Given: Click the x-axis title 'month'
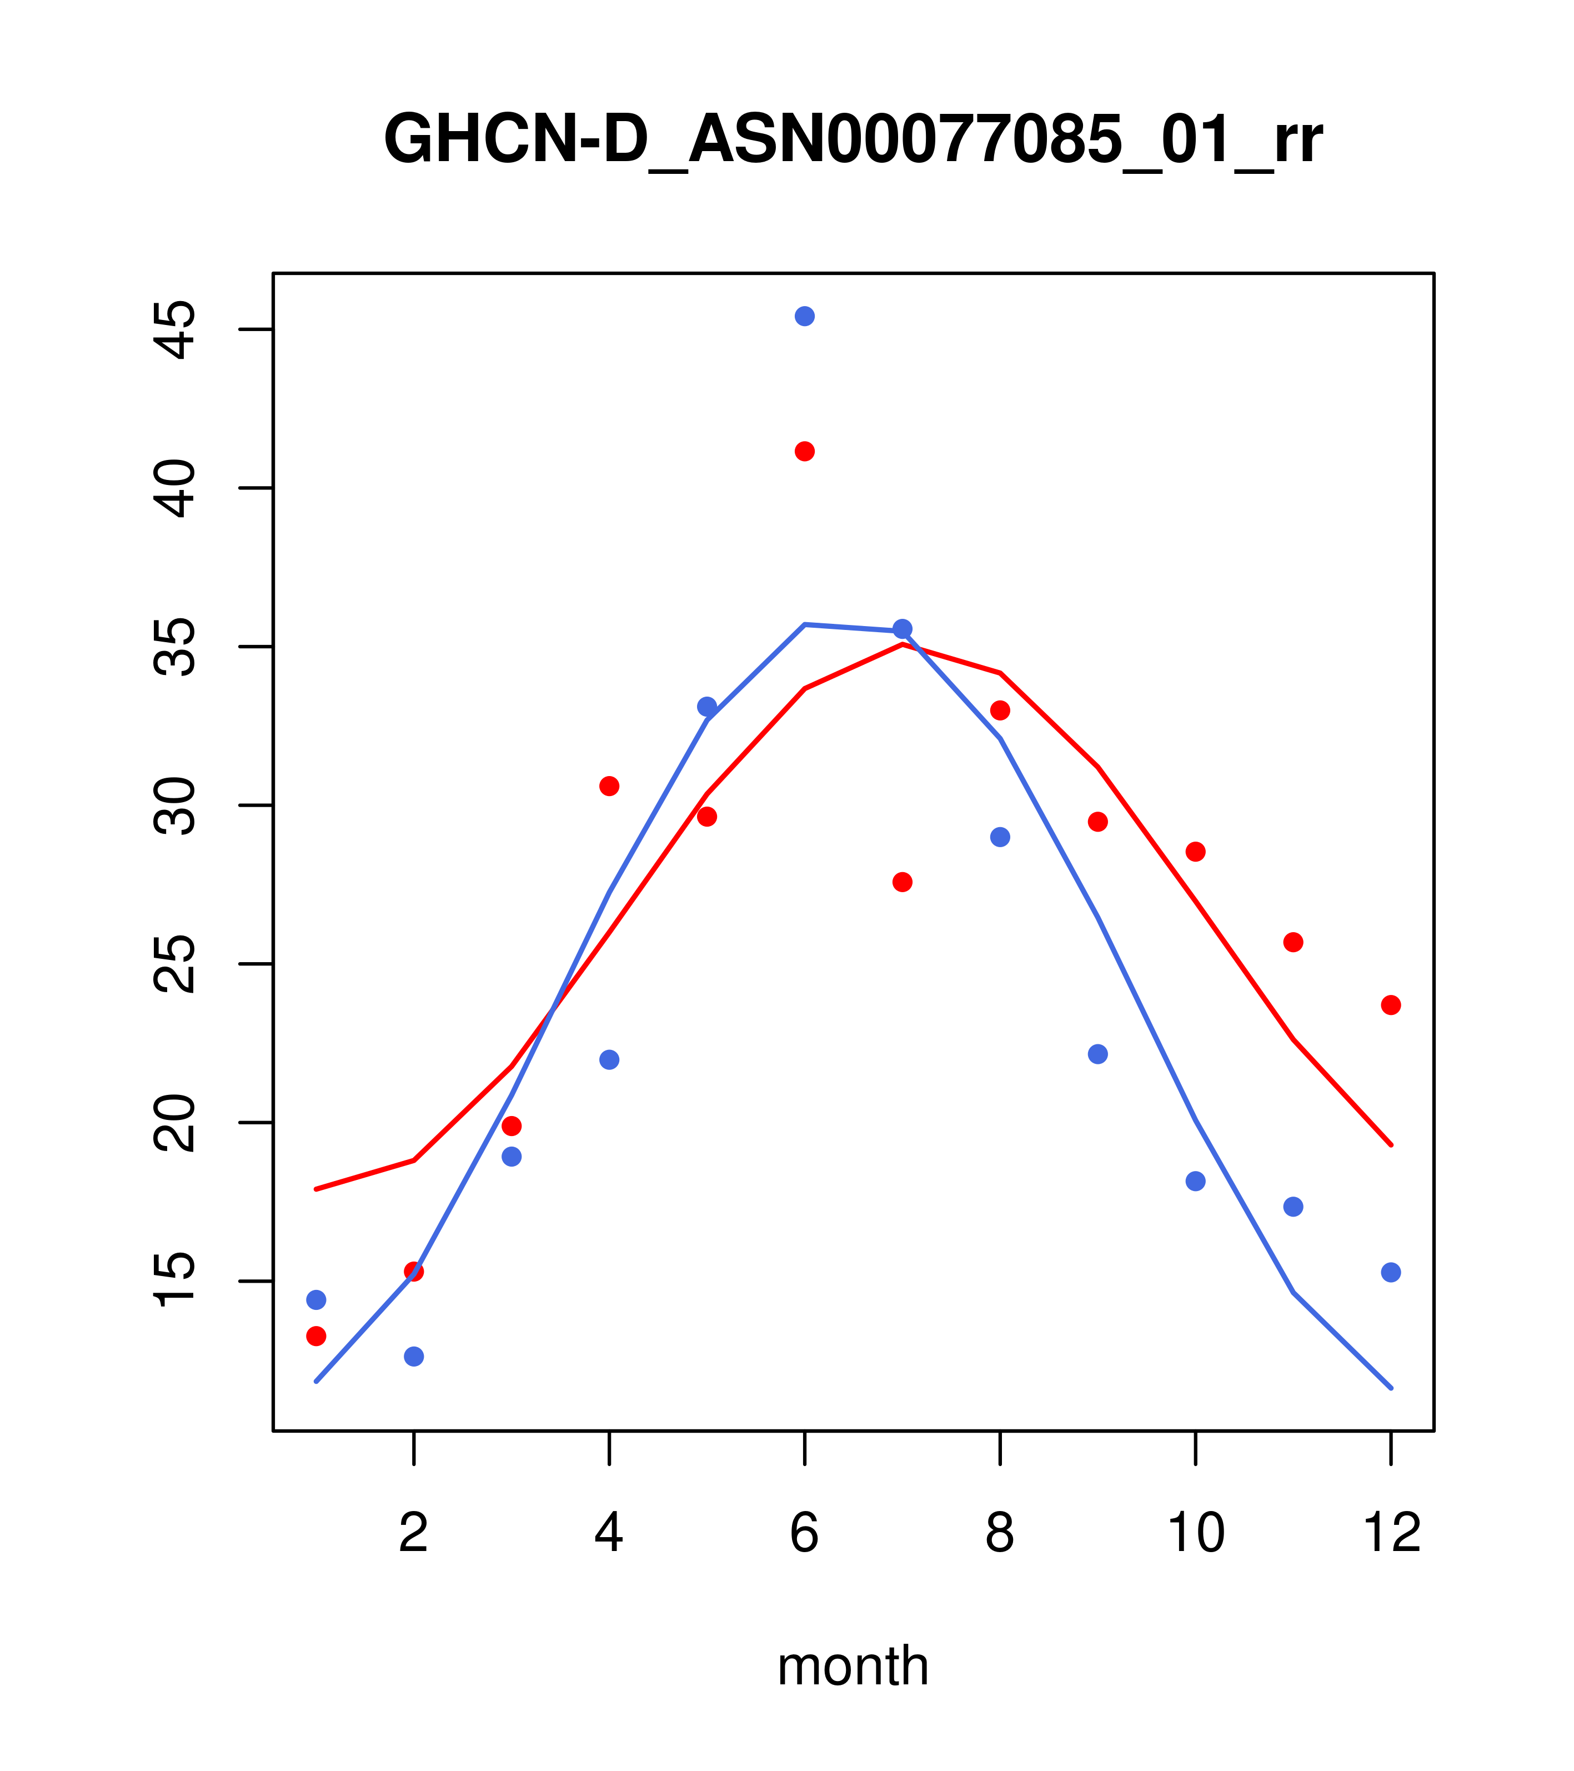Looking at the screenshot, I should pos(853,1666).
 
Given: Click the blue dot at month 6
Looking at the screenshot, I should pos(805,316).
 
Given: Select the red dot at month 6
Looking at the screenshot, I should pos(805,452).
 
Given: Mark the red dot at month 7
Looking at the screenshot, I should pos(903,882).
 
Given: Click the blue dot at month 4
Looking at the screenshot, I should pos(610,1059).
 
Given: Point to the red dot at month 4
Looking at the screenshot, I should pos(610,786).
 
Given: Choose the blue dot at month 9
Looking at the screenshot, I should pos(1097,1054).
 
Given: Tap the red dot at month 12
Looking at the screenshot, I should pos(1391,1005).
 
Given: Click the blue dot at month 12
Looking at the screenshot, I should pos(1391,1272).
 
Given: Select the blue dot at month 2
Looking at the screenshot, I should pos(414,1356).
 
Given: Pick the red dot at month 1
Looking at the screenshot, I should pos(316,1336).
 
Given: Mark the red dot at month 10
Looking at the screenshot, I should pos(1195,852).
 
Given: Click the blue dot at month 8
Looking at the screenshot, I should pos(1000,837).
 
